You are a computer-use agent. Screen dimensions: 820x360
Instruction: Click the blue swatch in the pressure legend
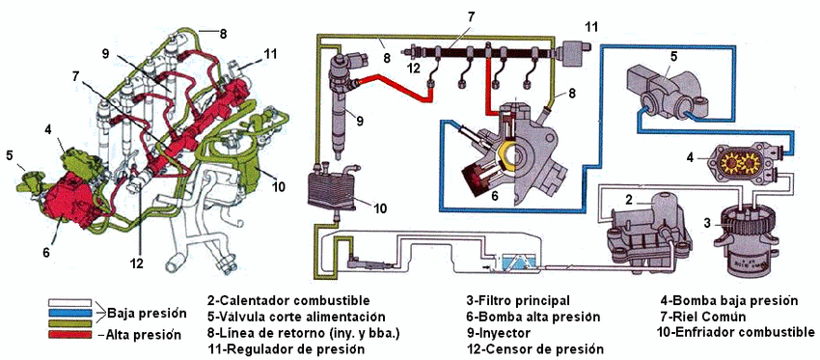(69, 313)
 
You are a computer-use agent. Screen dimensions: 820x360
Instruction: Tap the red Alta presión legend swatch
(69, 334)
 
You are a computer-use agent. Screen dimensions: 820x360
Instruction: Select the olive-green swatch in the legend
(69, 323)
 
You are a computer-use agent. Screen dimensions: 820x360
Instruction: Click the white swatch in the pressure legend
(69, 302)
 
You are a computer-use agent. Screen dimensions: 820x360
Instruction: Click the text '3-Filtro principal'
(518, 301)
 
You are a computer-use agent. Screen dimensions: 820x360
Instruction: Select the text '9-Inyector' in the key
(499, 333)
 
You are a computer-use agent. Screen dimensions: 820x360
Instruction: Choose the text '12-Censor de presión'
(535, 349)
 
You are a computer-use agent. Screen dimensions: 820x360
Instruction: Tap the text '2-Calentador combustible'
(288, 301)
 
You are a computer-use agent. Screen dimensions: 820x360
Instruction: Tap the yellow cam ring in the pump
(505, 154)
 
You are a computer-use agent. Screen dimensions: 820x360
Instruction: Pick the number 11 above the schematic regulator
(590, 26)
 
